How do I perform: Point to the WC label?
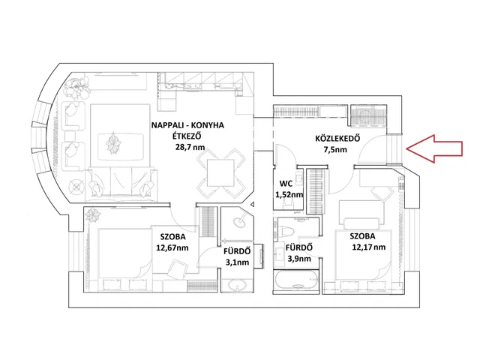285,183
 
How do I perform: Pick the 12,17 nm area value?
367,246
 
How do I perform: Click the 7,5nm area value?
335,149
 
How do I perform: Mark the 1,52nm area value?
288,195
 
